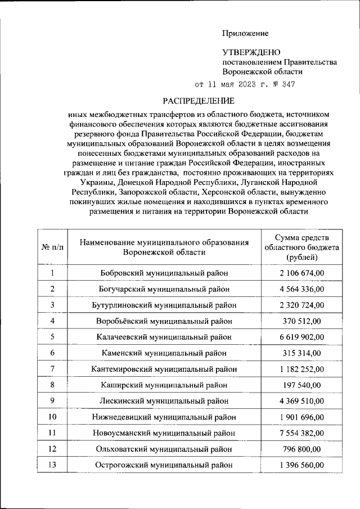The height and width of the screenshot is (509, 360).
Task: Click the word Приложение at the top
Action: (x=245, y=34)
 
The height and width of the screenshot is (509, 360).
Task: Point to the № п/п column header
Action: (x=52, y=247)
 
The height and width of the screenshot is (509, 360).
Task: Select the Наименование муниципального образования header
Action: (x=164, y=247)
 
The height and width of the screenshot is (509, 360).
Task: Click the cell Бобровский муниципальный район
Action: (x=164, y=273)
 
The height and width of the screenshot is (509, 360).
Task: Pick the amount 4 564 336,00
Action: (x=301, y=289)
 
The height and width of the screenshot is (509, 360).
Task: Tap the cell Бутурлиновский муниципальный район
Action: (x=164, y=305)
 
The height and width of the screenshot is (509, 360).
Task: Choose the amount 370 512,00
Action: (x=301, y=321)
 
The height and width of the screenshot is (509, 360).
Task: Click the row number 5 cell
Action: (x=52, y=337)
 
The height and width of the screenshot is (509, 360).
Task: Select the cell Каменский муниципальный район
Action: (x=164, y=353)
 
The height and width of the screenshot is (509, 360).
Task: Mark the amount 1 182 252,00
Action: (x=301, y=369)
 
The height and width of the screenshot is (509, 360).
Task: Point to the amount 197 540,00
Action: (x=301, y=385)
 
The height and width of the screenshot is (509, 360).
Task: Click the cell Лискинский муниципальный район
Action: (x=164, y=401)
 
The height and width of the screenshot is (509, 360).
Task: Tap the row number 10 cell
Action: (x=52, y=417)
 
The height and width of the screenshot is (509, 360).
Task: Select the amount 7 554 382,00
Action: (x=301, y=433)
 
